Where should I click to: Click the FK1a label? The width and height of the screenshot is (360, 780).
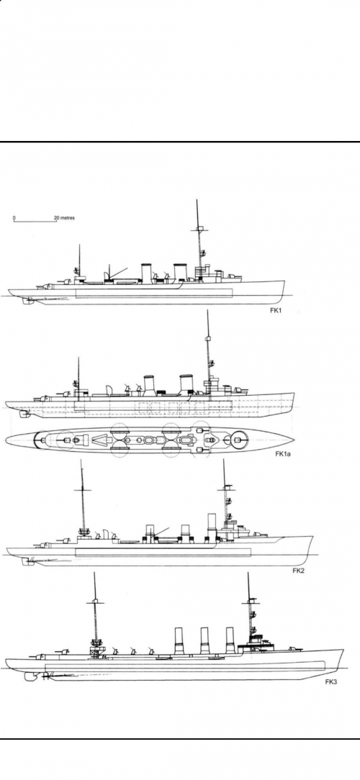pyautogui.click(x=283, y=453)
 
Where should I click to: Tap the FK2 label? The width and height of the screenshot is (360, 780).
pyautogui.click(x=298, y=570)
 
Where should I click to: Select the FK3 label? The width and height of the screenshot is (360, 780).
pyautogui.click(x=331, y=681)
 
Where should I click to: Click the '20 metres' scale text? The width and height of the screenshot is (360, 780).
pyautogui.click(x=64, y=218)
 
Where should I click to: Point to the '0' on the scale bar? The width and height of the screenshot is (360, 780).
pyautogui.click(x=14, y=218)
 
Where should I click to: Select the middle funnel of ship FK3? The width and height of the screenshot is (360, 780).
pyautogui.click(x=204, y=640)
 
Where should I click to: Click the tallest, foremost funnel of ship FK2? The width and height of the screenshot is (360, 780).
pyautogui.click(x=212, y=526)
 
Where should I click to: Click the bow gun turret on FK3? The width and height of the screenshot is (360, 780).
pyautogui.click(x=298, y=648)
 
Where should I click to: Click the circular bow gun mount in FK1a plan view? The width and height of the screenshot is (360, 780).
pyautogui.click(x=237, y=439)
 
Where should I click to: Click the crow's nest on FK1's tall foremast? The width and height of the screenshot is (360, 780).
pyautogui.click(x=200, y=230)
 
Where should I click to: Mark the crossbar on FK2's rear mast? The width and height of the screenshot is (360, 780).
pyautogui.click(x=82, y=490)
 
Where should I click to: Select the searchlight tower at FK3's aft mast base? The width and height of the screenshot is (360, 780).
pyautogui.click(x=94, y=650)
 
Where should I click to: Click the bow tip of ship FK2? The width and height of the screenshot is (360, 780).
pyautogui.click(x=312, y=536)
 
